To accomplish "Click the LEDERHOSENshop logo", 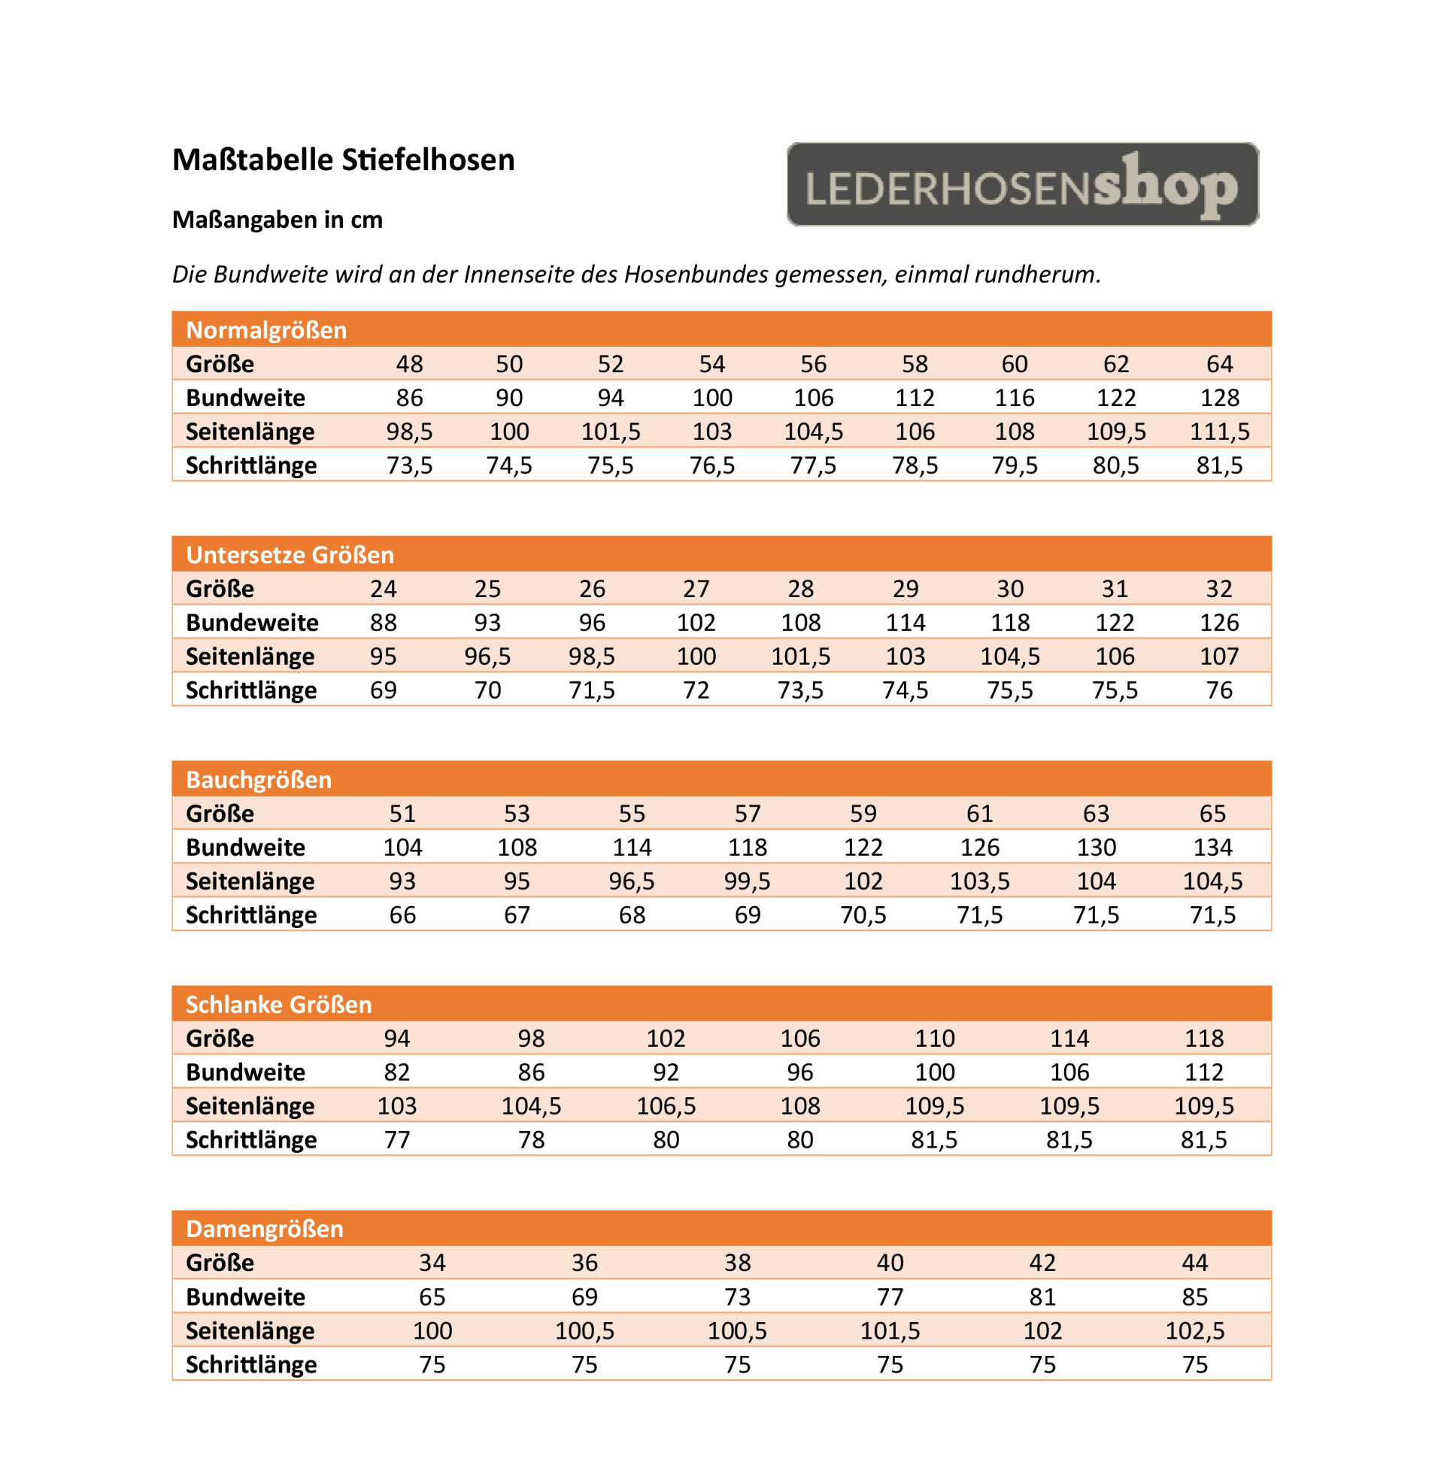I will [1022, 184].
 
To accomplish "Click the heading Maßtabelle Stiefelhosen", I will [343, 160].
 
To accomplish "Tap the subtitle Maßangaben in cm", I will [277, 220].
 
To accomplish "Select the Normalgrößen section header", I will [266, 330].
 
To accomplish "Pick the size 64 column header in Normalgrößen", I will [1219, 364].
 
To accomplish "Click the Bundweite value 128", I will [1219, 397].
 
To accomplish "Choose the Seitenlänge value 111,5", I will [1219, 432].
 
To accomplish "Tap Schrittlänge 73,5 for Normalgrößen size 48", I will [410, 465].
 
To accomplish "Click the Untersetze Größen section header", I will [290, 555].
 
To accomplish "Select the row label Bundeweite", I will [252, 623].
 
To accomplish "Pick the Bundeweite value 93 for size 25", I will [487, 623].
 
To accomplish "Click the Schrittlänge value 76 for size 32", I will [1219, 690].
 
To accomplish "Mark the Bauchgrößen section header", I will [259, 779].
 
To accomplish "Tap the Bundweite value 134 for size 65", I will [1212, 847].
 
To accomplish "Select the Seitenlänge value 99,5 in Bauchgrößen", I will [747, 881].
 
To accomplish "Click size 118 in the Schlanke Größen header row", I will [1203, 1038].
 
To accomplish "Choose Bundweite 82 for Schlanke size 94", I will [396, 1072].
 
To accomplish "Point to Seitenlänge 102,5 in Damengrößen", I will [1194, 1330].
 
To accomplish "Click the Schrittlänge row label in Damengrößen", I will [251, 1365].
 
